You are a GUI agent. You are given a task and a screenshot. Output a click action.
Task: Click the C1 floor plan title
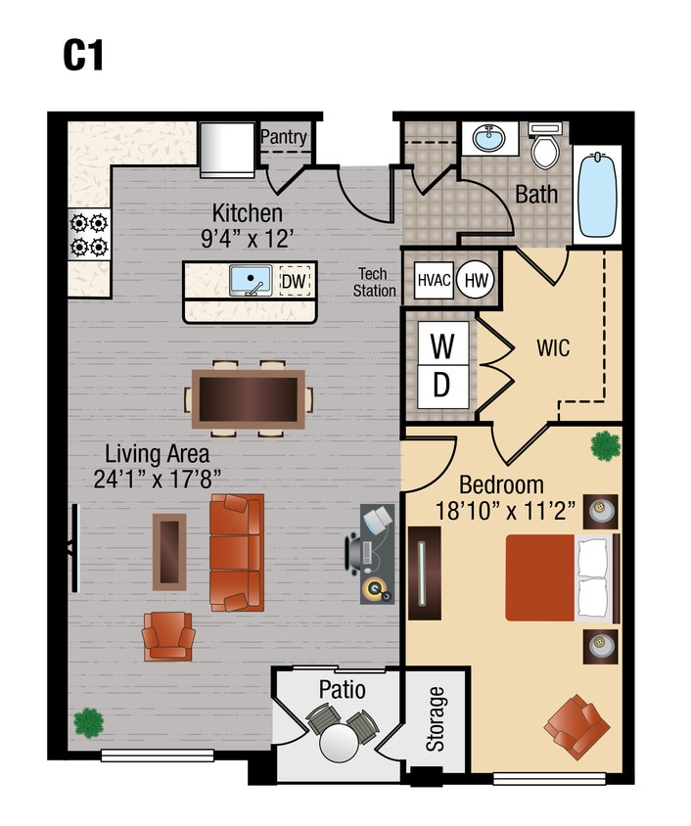(x=83, y=56)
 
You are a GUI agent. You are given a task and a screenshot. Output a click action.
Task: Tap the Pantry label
(x=283, y=138)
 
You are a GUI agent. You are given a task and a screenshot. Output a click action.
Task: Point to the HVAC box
(x=434, y=280)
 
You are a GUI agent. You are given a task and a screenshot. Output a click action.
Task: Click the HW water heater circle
(x=475, y=280)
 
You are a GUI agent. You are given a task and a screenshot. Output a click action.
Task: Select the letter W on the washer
(x=441, y=346)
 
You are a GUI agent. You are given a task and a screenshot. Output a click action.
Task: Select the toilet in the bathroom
(x=543, y=147)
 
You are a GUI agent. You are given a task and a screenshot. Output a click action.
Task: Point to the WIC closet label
(x=552, y=348)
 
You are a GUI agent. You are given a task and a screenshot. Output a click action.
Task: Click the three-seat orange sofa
(x=236, y=553)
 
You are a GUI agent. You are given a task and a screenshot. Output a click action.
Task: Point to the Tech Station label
(x=376, y=283)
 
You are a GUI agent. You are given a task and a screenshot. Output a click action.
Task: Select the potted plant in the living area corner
(x=88, y=722)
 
